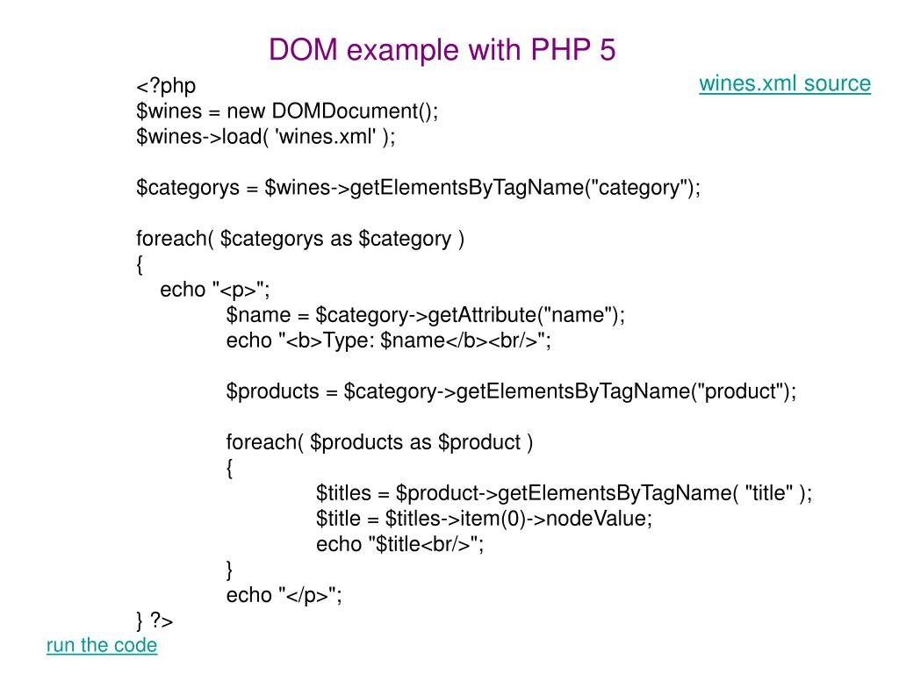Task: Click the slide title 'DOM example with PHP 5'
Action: tap(442, 50)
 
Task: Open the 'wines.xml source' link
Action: tap(785, 83)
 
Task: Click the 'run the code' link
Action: tap(101, 645)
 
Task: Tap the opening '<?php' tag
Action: tap(166, 86)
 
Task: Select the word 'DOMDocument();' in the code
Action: tap(355, 111)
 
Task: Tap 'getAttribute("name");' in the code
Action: tap(527, 315)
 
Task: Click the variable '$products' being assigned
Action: tap(273, 391)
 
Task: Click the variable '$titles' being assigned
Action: tap(343, 493)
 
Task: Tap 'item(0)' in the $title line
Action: tap(497, 519)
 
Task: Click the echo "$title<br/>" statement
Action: tap(400, 544)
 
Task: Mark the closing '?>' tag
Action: tap(162, 620)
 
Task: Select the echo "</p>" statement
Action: tap(284, 595)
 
